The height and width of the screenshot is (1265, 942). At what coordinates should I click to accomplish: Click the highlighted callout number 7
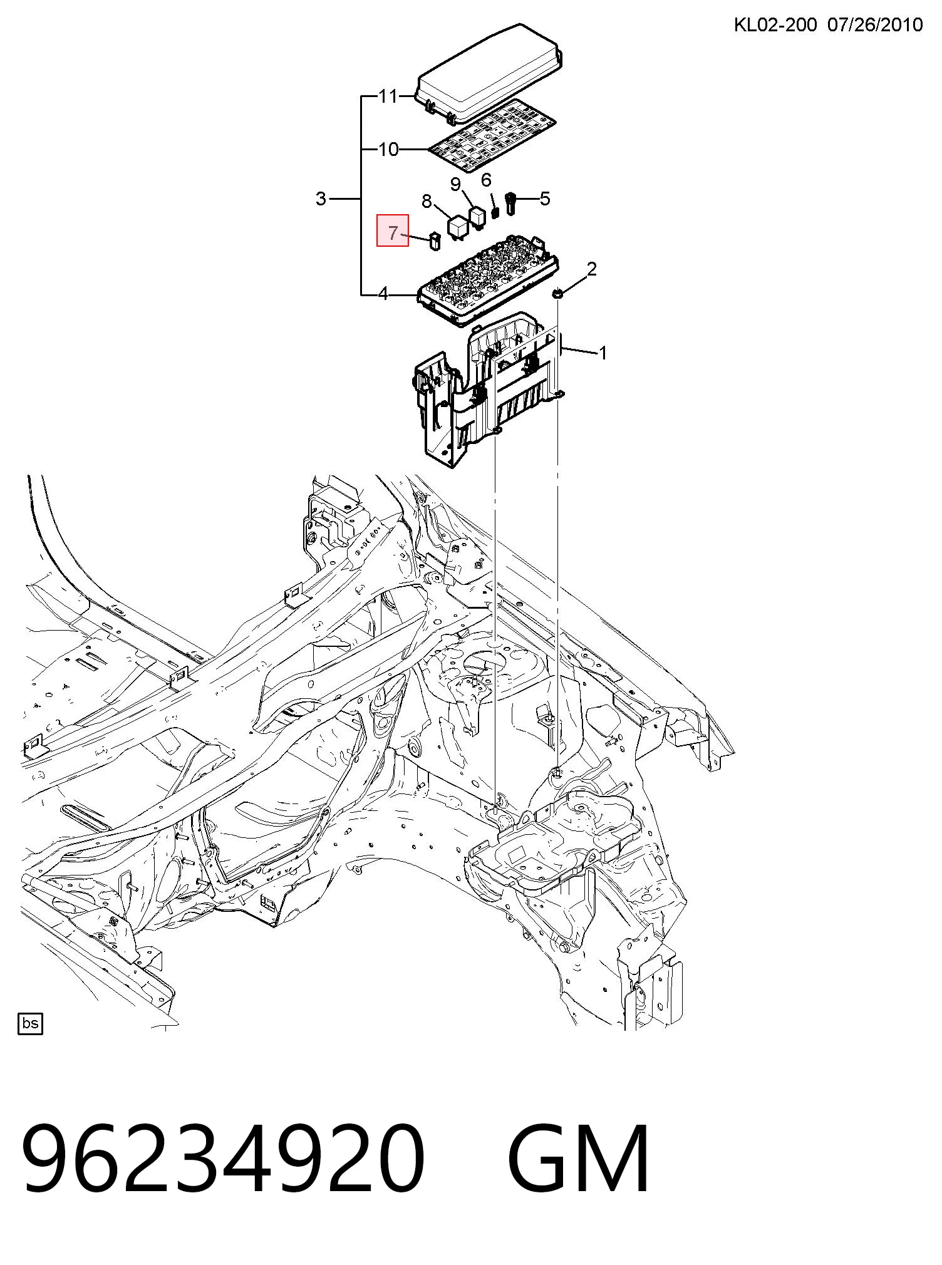click(393, 233)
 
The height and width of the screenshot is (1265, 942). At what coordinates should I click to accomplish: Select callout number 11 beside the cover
click(388, 96)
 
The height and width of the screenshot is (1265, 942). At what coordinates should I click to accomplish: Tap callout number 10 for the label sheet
click(388, 149)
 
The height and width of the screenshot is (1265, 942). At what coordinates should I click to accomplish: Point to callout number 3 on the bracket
click(321, 199)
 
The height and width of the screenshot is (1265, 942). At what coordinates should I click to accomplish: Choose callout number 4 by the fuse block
click(383, 293)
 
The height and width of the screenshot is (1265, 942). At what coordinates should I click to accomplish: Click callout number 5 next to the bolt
click(545, 199)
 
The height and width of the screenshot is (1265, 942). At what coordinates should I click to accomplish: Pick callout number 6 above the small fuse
click(486, 180)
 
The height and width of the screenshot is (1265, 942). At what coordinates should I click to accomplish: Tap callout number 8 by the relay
click(427, 201)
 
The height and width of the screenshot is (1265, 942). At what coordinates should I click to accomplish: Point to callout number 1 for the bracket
click(603, 354)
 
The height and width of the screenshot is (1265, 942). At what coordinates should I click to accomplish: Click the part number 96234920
click(224, 1158)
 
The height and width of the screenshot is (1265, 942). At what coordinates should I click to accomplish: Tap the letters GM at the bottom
click(579, 1158)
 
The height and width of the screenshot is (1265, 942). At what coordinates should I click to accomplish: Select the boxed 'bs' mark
click(30, 1024)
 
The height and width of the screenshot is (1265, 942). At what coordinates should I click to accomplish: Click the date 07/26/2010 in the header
click(875, 24)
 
